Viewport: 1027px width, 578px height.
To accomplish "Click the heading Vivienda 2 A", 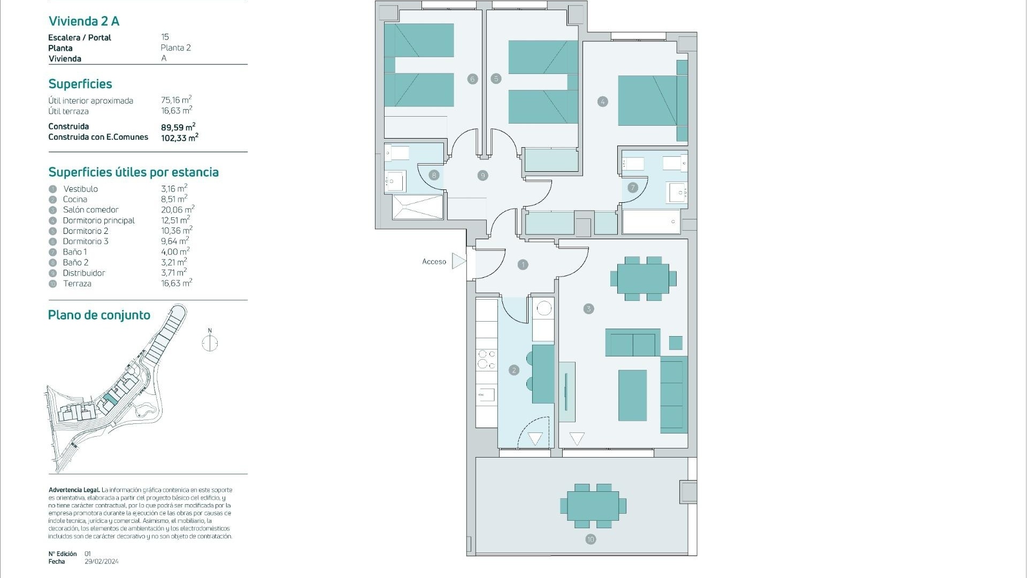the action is [x=84, y=21].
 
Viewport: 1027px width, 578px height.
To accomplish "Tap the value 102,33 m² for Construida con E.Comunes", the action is [x=180, y=138].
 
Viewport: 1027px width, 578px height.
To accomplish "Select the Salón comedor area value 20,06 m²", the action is [x=178, y=209].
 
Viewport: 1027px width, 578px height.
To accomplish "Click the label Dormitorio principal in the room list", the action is [x=99, y=220].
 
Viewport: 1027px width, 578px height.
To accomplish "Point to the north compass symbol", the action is [x=210, y=341].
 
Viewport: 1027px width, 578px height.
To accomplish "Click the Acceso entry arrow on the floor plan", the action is [x=459, y=261].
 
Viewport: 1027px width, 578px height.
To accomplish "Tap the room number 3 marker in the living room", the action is [x=588, y=309].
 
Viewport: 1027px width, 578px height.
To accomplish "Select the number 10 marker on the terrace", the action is [x=591, y=539].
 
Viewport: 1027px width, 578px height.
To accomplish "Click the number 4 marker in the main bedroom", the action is [x=603, y=102].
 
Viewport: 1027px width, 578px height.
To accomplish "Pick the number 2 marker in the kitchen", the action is [x=514, y=370].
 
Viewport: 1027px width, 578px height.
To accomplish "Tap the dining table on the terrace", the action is [x=593, y=506].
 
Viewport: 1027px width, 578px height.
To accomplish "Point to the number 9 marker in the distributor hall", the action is [x=482, y=176].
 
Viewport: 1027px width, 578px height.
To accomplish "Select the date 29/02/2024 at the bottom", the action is [x=102, y=561].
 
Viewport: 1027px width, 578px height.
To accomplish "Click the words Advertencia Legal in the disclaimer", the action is [x=74, y=490].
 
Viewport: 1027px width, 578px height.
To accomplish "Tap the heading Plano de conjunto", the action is [x=99, y=315].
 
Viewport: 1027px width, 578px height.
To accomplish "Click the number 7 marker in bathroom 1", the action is [x=633, y=187].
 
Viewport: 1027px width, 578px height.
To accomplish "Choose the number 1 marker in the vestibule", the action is [x=523, y=264].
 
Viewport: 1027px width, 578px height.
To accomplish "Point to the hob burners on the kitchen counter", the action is [x=486, y=359].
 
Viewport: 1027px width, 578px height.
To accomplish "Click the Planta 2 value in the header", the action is [x=175, y=48].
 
